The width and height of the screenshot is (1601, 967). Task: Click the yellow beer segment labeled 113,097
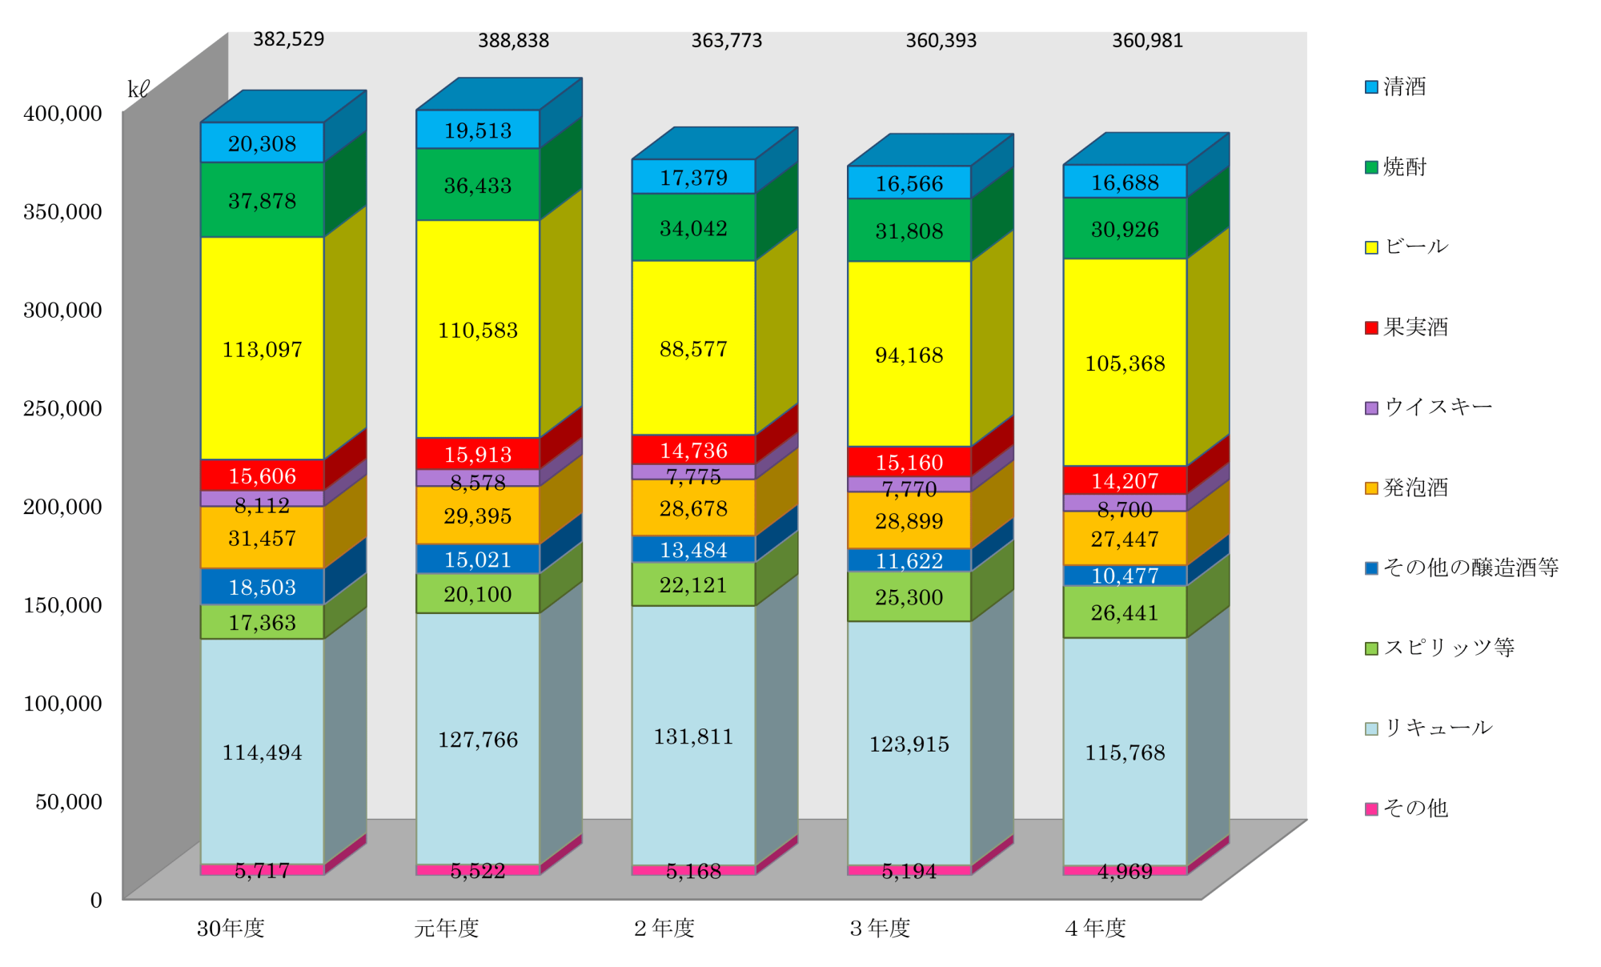click(262, 349)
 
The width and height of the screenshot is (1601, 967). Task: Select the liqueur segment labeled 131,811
click(693, 736)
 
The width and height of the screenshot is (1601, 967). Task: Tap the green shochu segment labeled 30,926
click(1125, 229)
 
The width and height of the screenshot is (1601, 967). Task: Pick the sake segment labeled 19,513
click(477, 130)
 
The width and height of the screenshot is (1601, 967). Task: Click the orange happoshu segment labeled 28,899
click(909, 521)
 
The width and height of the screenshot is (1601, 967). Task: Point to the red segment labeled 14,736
click(693, 451)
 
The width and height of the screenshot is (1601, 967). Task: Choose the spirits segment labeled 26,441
click(1125, 612)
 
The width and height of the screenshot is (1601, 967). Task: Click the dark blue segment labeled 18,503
click(262, 587)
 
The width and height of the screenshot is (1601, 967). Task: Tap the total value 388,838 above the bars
click(513, 41)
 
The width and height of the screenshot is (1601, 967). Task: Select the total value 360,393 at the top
click(941, 41)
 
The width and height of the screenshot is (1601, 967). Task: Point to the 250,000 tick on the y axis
click(63, 408)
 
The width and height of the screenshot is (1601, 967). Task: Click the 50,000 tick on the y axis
click(69, 801)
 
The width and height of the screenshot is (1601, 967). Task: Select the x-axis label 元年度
click(447, 928)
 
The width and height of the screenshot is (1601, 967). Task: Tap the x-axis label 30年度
click(231, 928)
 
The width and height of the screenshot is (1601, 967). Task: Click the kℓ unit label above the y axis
click(138, 90)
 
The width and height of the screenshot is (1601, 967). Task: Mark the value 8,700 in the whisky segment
click(1125, 509)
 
